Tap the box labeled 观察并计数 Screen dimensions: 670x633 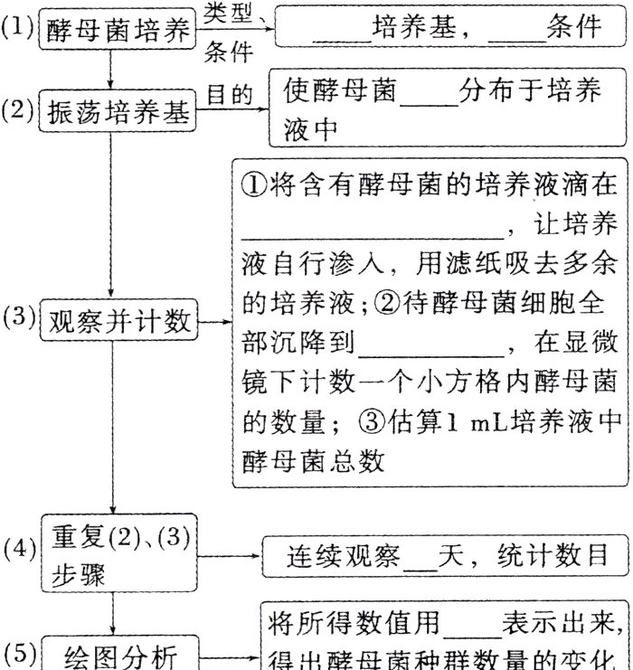pos(120,322)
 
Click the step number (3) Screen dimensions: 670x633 pos(18,317)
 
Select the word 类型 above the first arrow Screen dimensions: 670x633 pos(229,13)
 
